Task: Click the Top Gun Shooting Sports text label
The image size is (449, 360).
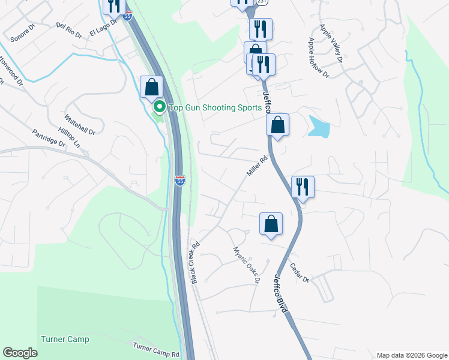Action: (x=215, y=108)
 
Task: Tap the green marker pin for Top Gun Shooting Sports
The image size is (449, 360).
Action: (x=160, y=108)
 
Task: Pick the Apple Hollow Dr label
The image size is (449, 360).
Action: (x=318, y=58)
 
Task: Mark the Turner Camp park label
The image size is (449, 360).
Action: (x=65, y=340)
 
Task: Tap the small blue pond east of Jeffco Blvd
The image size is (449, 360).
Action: (x=319, y=126)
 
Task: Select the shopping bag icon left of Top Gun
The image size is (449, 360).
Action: (x=151, y=86)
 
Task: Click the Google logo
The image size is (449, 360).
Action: (x=20, y=353)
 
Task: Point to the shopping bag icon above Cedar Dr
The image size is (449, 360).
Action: (x=271, y=224)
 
